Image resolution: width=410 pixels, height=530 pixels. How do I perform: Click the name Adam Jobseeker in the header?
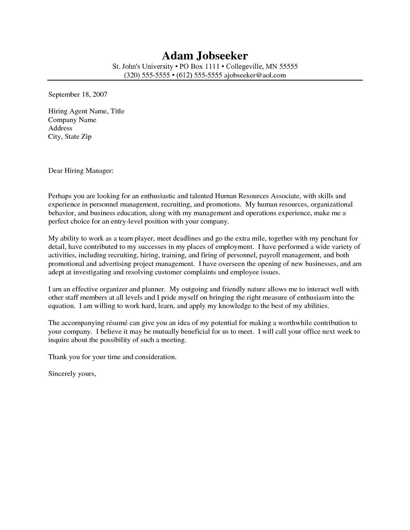(x=205, y=56)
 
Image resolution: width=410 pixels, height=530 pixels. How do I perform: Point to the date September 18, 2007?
(x=77, y=94)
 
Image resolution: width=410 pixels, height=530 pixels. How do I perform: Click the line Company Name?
(x=72, y=120)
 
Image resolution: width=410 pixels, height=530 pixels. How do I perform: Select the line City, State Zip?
(x=70, y=137)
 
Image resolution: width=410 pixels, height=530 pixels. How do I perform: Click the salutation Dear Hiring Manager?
(x=81, y=171)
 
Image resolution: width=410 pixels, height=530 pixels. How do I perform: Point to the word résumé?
(x=116, y=323)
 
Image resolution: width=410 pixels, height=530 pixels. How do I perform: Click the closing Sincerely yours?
(x=72, y=374)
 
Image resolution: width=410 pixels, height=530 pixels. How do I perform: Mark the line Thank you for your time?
(x=112, y=357)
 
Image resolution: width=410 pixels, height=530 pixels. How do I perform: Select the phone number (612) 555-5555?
(x=199, y=75)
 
